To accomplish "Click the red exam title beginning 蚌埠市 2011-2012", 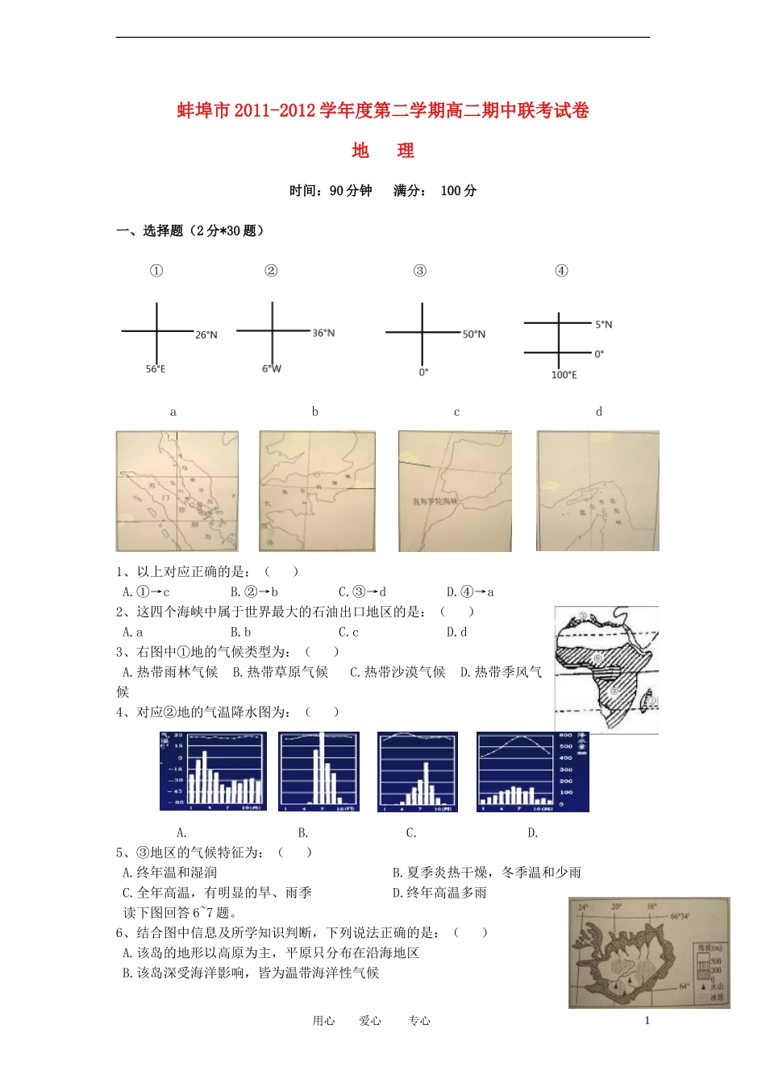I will (383, 110).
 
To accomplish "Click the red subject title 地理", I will (383, 151).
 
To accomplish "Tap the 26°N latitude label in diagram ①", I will (206, 334).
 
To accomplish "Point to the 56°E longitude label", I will (156, 369).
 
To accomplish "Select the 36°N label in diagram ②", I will (323, 333).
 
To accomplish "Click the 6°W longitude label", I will (272, 369).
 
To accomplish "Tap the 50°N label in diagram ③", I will (474, 334).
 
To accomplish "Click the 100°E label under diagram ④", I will (564, 375).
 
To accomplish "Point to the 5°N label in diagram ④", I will (603, 325).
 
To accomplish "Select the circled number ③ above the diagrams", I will (419, 271).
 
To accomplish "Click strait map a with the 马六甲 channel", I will (177, 491).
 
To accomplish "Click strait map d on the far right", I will (597, 491).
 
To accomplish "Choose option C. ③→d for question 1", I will (362, 591).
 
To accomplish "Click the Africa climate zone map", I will (606, 670).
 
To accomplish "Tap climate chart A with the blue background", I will (213, 771).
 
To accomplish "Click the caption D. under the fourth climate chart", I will (532, 832).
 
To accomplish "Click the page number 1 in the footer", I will (647, 1020).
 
